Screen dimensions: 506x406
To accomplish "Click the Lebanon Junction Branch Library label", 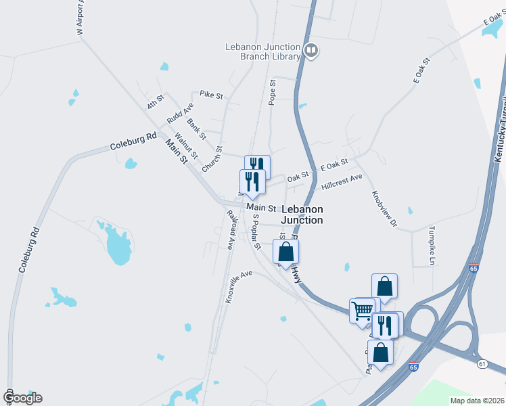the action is click(262, 51).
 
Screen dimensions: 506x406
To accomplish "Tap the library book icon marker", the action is click(311, 49).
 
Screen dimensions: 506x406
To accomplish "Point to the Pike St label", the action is click(211, 95).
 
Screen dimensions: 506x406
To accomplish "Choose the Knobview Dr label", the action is click(383, 208).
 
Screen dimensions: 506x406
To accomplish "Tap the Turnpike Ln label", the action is click(431, 243).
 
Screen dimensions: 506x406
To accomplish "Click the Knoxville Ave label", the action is click(239, 286).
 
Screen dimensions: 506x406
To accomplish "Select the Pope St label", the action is click(273, 92).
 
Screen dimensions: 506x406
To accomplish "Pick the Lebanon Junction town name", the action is click(302, 215).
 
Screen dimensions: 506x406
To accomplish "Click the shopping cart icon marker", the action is click(363, 311).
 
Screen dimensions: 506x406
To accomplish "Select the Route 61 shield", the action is click(482, 364).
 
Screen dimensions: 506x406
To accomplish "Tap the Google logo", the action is click(22, 398).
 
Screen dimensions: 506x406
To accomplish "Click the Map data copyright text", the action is click(476, 401).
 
